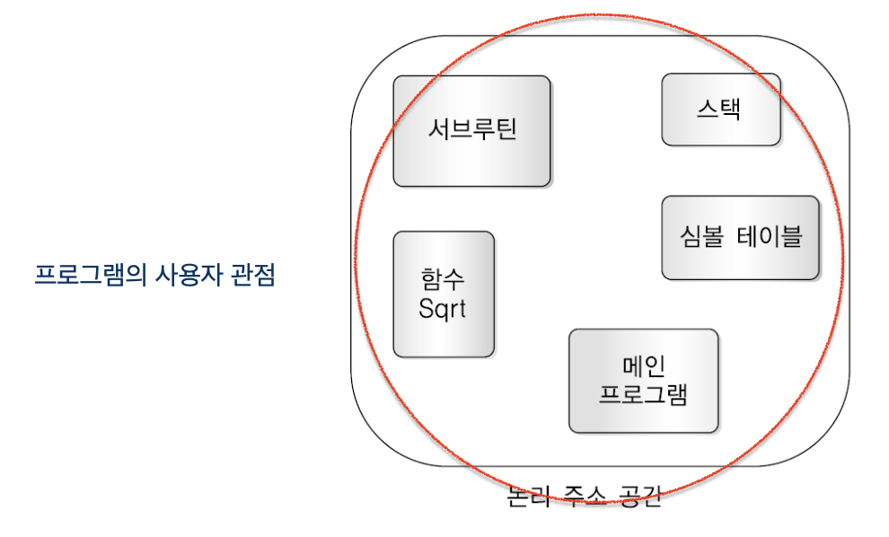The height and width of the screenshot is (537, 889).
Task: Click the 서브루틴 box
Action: pyautogui.click(x=471, y=131)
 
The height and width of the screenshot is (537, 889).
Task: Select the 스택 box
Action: pyautogui.click(x=720, y=110)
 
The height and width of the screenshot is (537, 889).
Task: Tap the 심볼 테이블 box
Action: pyautogui.click(x=740, y=237)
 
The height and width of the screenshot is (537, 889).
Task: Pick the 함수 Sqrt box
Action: pyautogui.click(x=444, y=294)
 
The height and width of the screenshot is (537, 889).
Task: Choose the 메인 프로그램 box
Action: pyautogui.click(x=643, y=380)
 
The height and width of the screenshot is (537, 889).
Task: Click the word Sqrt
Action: pyautogui.click(x=443, y=310)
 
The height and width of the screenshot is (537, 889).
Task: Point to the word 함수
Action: pyautogui.click(x=443, y=278)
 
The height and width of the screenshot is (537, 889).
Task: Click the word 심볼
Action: pyautogui.click(x=701, y=237)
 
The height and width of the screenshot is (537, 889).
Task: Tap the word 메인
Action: pyautogui.click(x=643, y=366)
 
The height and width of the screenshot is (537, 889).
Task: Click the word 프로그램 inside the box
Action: pyautogui.click(x=643, y=393)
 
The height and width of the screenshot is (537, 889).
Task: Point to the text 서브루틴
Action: pyautogui.click(x=471, y=131)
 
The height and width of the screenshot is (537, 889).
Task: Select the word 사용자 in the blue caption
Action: pyautogui.click(x=179, y=274)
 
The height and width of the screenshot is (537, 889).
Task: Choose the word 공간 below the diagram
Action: pyautogui.click(x=640, y=497)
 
